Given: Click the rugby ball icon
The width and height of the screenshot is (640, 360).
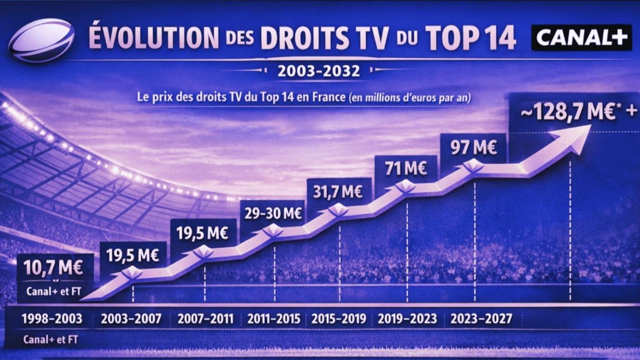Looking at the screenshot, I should pos(42,40).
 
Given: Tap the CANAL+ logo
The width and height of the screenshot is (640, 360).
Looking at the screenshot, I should pos(581,38).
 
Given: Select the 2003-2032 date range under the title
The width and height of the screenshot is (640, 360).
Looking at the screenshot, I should pos(319,71).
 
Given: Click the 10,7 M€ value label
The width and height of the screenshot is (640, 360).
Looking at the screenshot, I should pos(51,267).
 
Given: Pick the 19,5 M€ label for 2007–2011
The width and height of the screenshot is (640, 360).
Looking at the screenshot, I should pos(202,233).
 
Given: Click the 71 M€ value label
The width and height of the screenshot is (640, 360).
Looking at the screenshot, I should pos(406,169).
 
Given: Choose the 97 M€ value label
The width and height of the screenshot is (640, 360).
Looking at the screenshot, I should pos(473,147).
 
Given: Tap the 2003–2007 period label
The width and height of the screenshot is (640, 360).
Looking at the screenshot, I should pos(131,319).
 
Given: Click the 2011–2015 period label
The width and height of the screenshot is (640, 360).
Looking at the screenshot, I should pos(274,319).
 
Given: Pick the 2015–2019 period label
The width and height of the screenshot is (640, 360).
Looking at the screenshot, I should pos(339,319).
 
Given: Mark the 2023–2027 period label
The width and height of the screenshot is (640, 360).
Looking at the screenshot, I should pos(481,319).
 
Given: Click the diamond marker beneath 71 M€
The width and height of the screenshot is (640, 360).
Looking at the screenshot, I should pos(406,187).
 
